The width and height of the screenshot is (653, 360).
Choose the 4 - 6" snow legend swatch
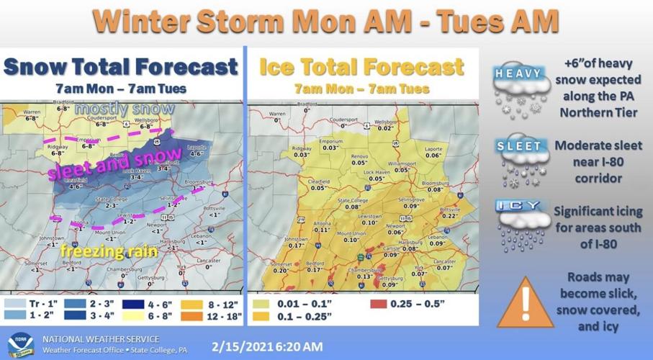tap(131, 303)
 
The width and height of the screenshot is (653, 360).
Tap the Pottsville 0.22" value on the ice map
tap(451, 216)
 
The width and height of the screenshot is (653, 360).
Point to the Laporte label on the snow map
tap(197, 147)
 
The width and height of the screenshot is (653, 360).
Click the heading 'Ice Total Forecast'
tap(361, 68)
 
